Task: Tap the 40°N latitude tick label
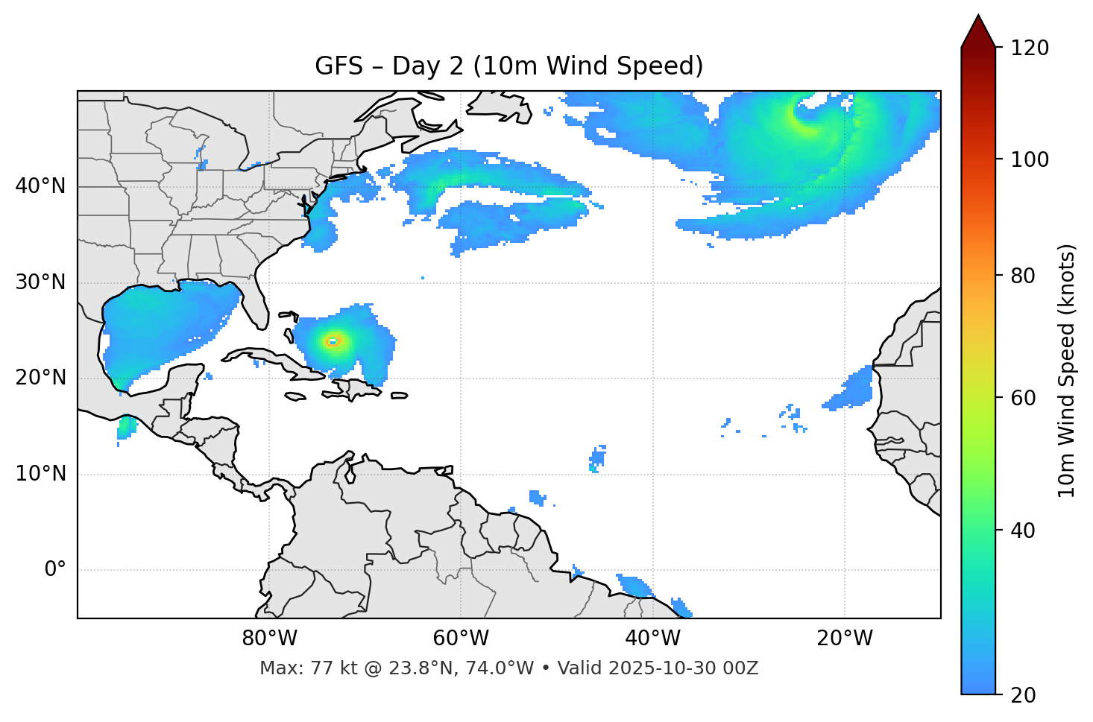[x=40, y=186]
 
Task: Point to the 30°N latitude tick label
[x=40, y=282]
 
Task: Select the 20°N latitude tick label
[x=40, y=378]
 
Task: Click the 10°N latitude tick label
[x=40, y=474]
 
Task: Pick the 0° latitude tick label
[x=55, y=570]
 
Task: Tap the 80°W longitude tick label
[x=269, y=639]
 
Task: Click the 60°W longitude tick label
[x=461, y=639]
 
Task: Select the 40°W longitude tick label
[x=652, y=639]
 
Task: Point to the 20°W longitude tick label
[x=844, y=639]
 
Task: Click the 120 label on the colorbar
[x=1030, y=48]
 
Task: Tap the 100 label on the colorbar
[x=1030, y=159]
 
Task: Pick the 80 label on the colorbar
[x=1023, y=276]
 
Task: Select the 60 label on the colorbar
[x=1023, y=398]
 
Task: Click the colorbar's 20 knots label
[x=1023, y=695]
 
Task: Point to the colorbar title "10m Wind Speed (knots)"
[x=1067, y=371]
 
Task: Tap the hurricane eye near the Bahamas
[x=333, y=341]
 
